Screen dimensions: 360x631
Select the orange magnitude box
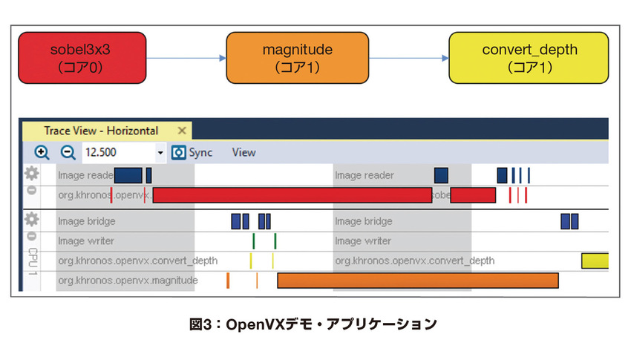click(x=297, y=58)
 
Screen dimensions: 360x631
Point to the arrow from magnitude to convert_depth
click(x=408, y=58)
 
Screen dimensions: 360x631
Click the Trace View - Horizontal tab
click(x=101, y=131)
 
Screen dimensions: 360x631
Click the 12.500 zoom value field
click(x=119, y=152)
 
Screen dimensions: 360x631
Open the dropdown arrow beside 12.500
click(x=161, y=153)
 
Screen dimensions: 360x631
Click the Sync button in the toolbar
click(x=192, y=152)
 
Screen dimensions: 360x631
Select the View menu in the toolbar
click(x=243, y=152)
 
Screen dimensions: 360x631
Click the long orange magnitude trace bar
click(x=417, y=281)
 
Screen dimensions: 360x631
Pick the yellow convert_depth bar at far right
click(x=595, y=261)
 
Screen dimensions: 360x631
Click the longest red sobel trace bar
click(x=292, y=195)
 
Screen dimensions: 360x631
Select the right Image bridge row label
click(x=364, y=221)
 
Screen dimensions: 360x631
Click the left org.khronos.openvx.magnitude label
click(x=128, y=281)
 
